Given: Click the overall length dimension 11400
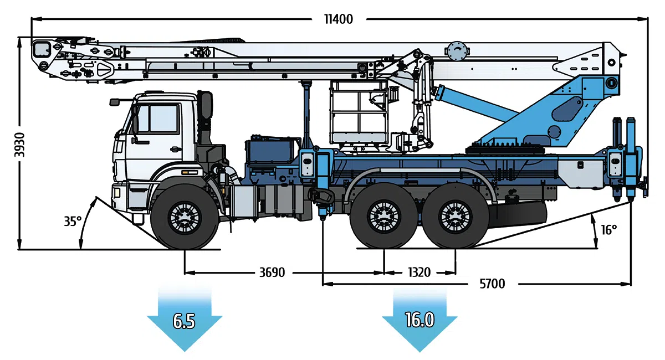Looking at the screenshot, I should click(338, 19).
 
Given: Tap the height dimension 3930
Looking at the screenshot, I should click(20, 144).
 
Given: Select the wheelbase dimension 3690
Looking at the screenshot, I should click(272, 272).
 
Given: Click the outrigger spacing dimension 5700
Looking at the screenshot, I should click(492, 284).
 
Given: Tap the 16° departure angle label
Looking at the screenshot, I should click(608, 229).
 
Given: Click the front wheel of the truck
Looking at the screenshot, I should click(184, 217).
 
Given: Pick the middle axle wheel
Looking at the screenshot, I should click(383, 217).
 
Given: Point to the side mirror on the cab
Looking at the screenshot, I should click(115, 102).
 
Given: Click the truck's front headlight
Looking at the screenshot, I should click(118, 192).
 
